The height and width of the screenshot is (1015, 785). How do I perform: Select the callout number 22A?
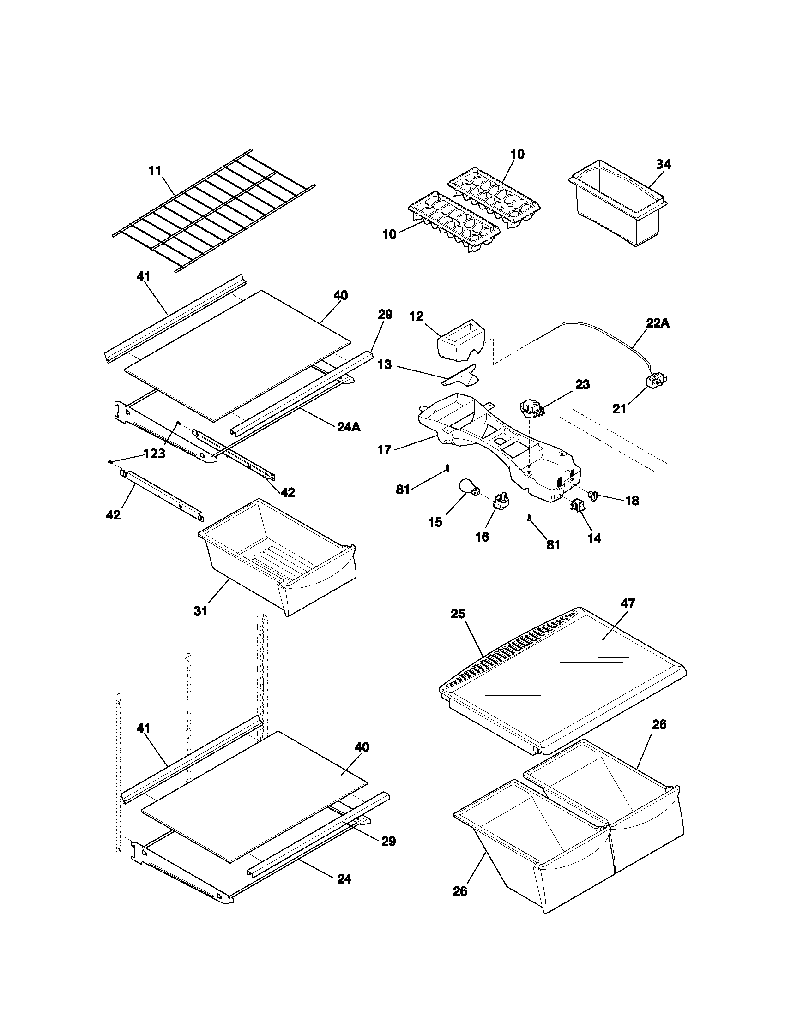[658, 323]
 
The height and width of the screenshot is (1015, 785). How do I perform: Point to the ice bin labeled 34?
[616, 204]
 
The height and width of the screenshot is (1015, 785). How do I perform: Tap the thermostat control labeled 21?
[655, 382]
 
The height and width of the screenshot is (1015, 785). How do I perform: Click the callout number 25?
[458, 614]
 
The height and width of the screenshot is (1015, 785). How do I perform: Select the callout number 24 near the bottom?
[344, 879]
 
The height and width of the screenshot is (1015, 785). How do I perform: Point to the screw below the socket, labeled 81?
[529, 520]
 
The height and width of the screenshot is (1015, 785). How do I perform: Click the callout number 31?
[200, 611]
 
